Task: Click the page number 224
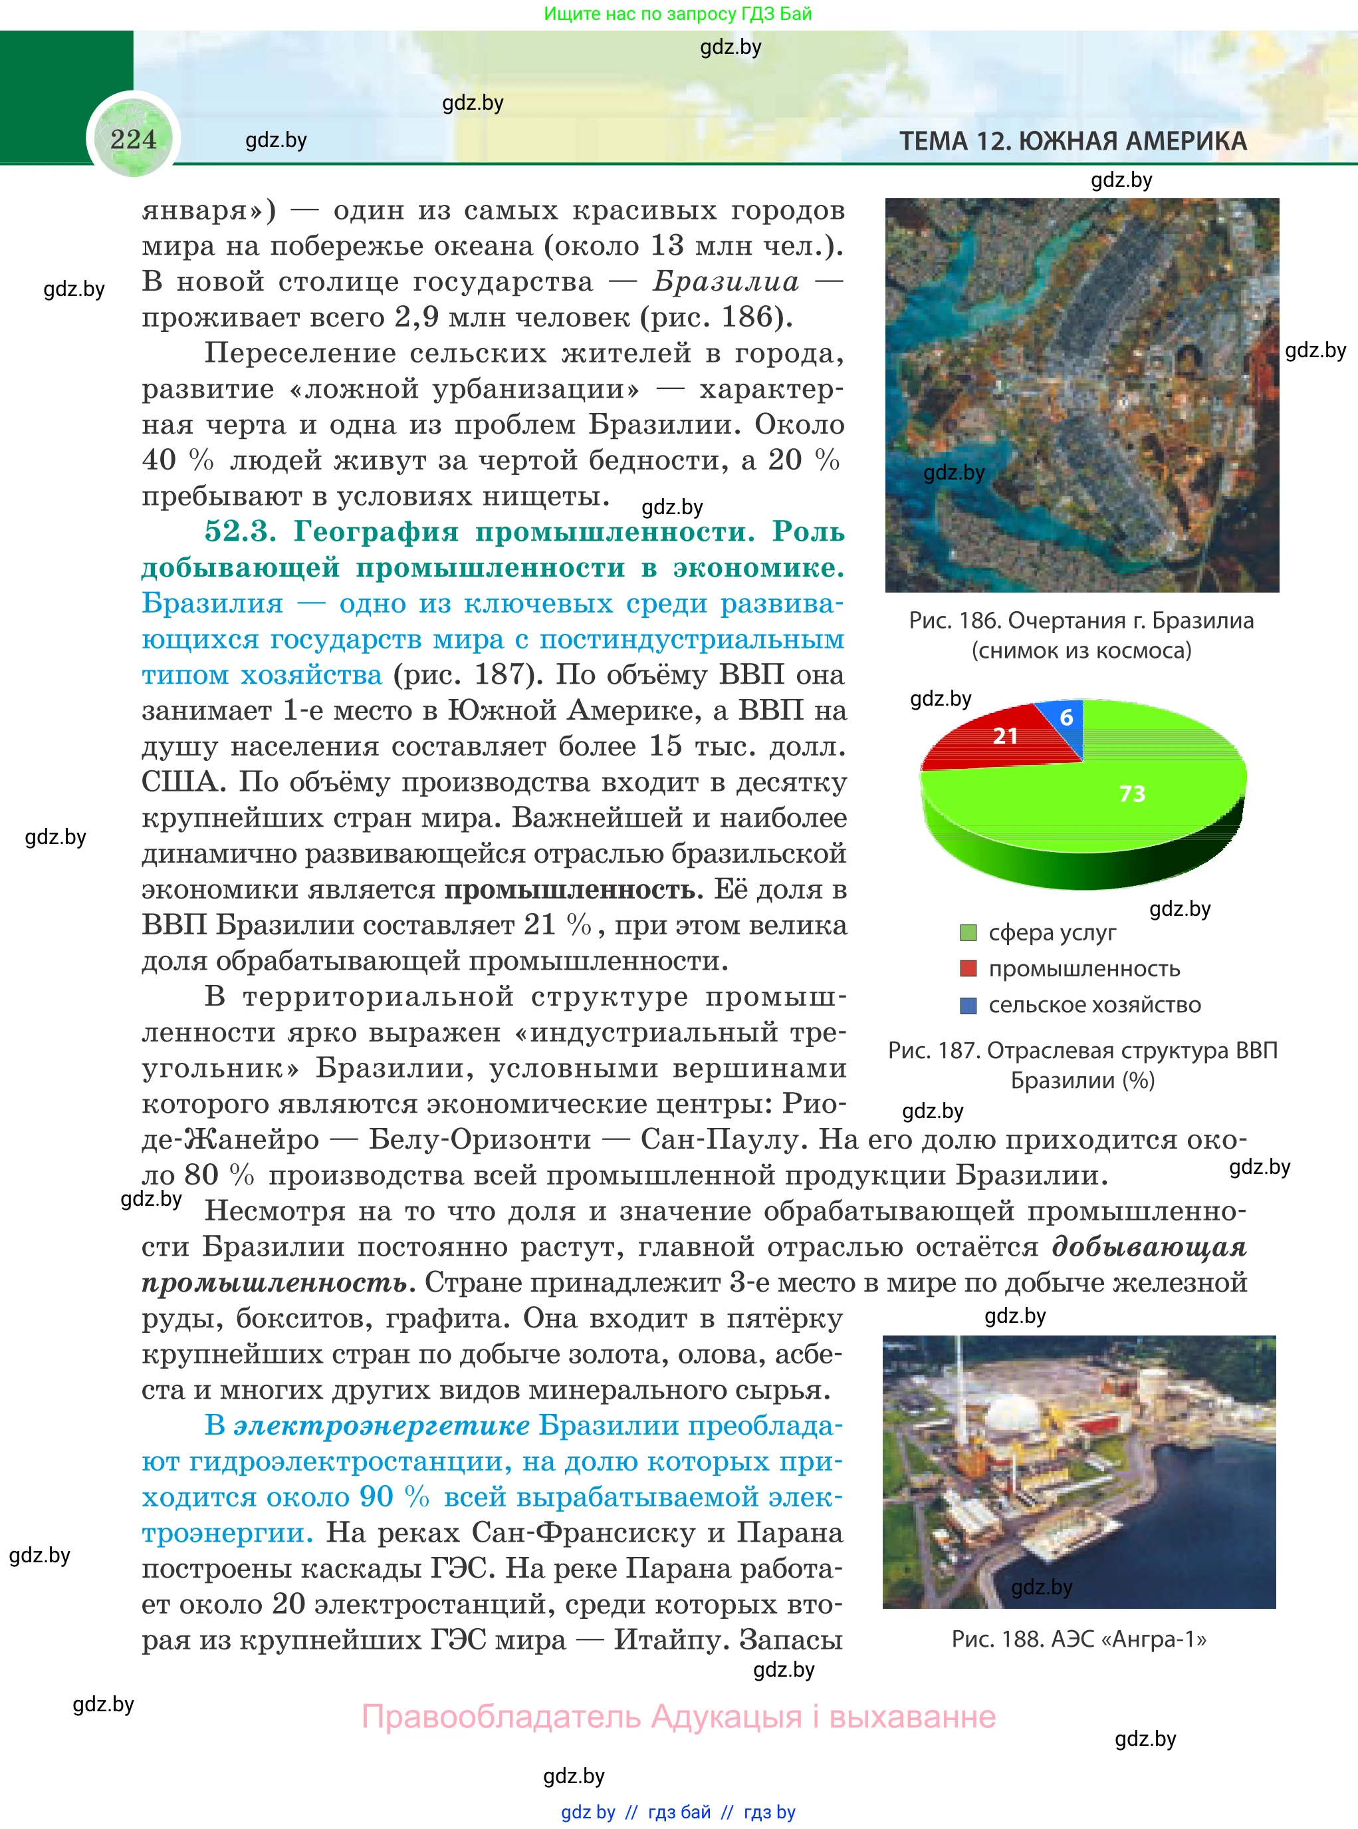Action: tap(133, 139)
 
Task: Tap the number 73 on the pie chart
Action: tap(1132, 793)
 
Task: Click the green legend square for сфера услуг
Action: tap(968, 932)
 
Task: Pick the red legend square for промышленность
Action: tap(968, 969)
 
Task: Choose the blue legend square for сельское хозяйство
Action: tap(968, 1005)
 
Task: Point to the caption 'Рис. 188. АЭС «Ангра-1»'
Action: tap(1079, 1639)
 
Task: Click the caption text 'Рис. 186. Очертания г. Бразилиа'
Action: tap(1081, 621)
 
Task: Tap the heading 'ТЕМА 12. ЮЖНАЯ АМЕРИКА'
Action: tap(1073, 142)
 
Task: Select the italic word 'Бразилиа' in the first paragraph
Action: tap(726, 282)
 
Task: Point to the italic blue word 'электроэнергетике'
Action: tap(382, 1425)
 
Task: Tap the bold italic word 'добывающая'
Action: tap(1149, 1247)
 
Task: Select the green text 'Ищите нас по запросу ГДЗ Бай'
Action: tap(677, 14)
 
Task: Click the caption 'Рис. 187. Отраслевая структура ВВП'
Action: tap(1083, 1050)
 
